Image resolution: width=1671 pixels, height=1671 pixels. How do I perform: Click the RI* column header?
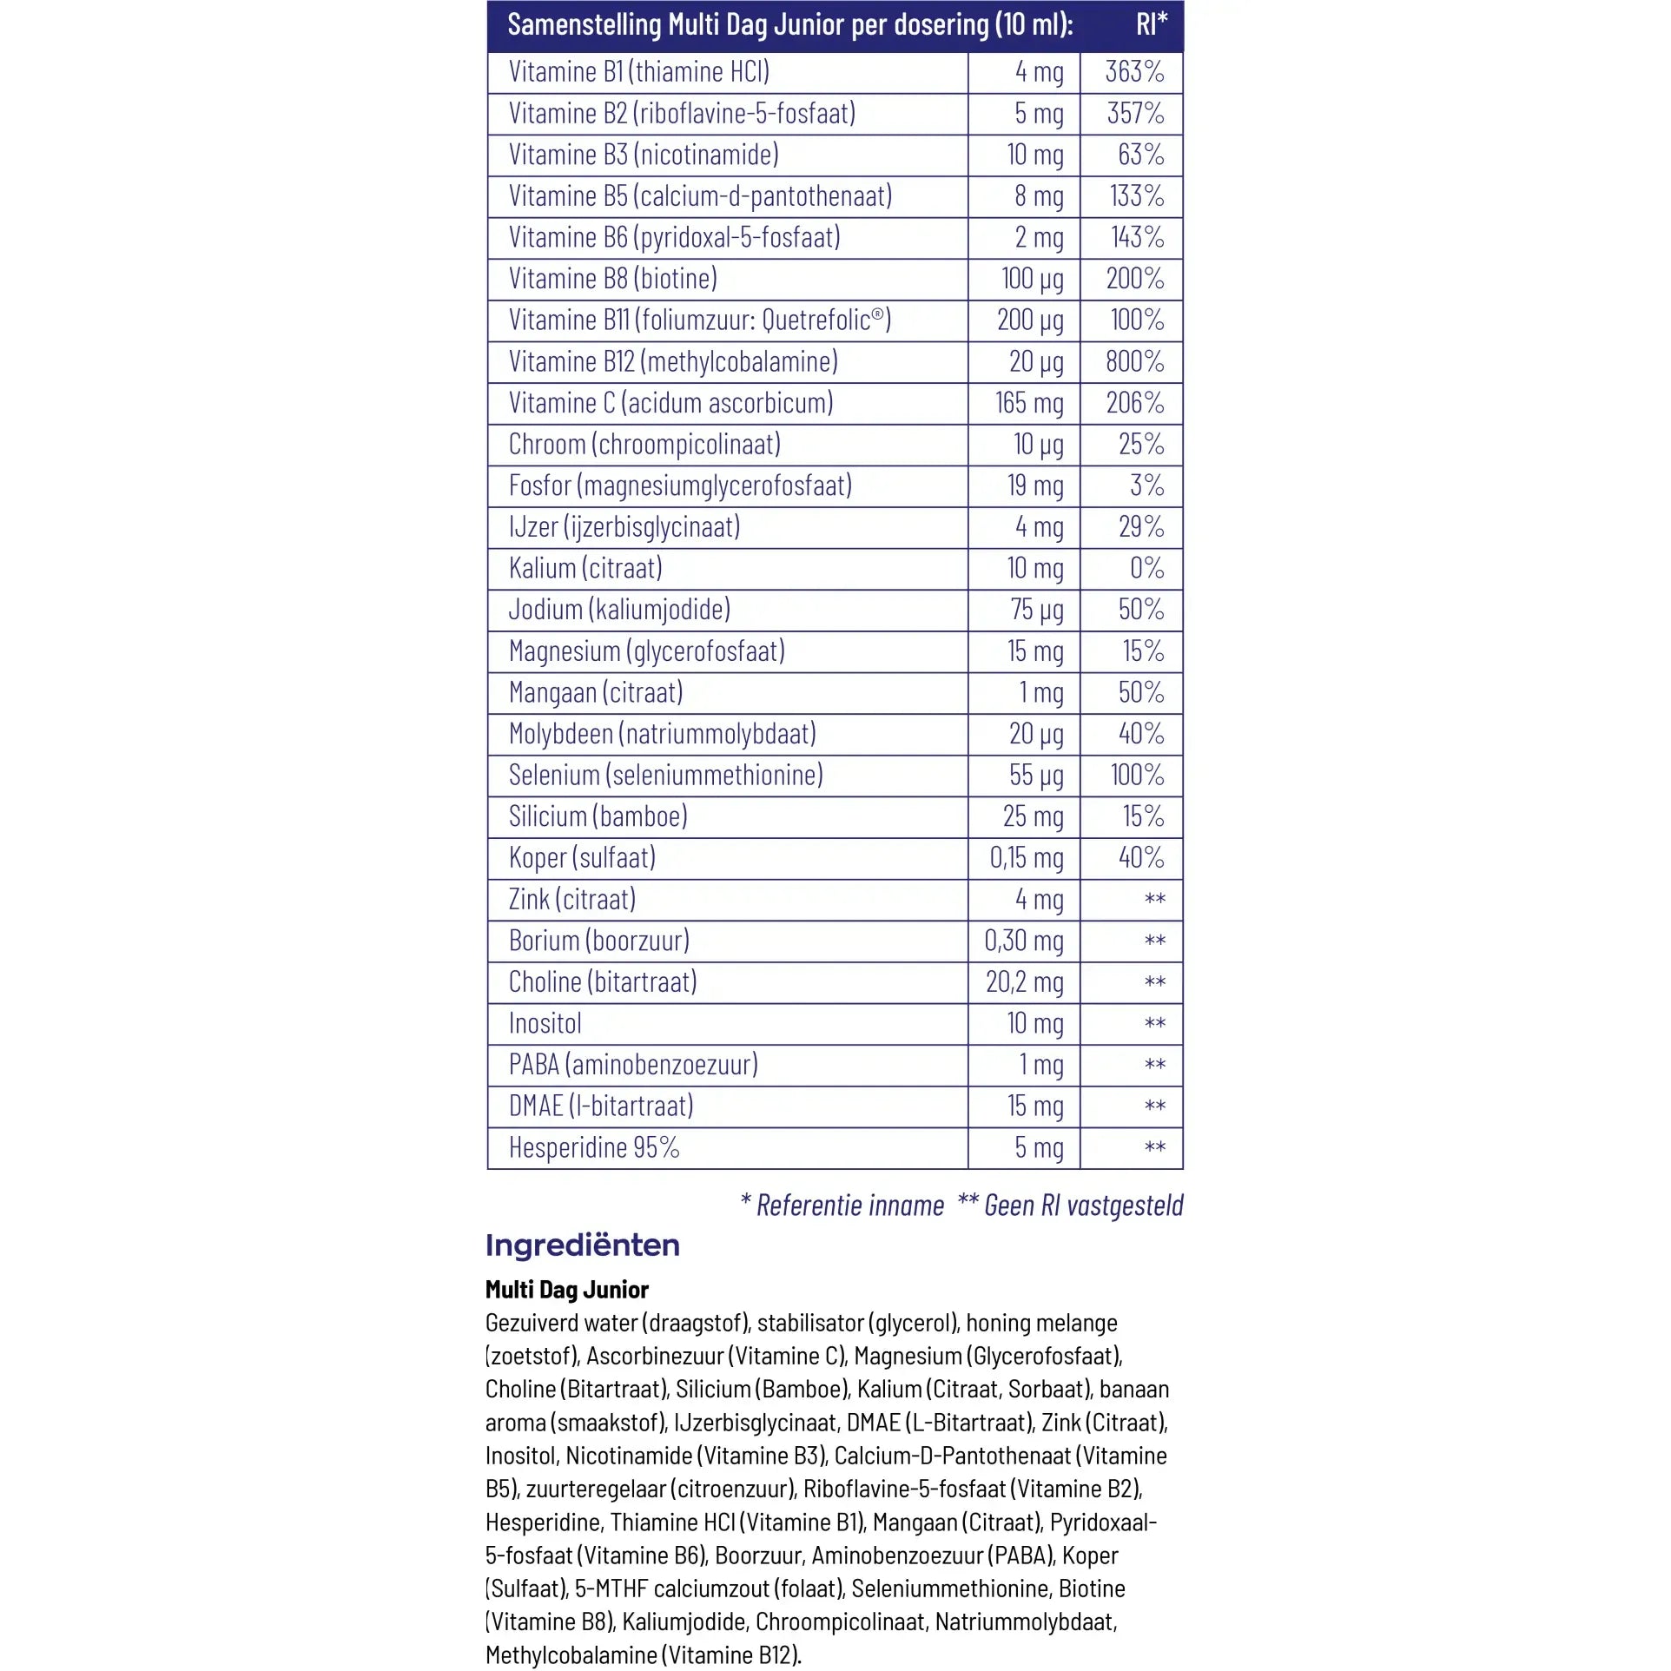(x=1151, y=24)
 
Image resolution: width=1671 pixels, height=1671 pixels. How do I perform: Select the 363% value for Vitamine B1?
(x=1134, y=72)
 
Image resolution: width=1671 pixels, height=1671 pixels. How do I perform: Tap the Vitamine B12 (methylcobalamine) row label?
(x=673, y=361)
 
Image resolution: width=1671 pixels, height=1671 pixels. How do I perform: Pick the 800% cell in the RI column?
(x=1134, y=361)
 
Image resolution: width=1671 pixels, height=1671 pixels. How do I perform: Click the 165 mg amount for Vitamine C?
(x=1029, y=403)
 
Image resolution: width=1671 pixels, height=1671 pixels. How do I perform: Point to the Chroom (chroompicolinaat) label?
(x=644, y=445)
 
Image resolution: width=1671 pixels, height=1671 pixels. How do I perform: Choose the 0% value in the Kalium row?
(x=1146, y=568)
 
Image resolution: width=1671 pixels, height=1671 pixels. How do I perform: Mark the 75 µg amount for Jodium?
(x=1036, y=610)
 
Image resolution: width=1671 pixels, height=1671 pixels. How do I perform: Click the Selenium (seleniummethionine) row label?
(x=665, y=775)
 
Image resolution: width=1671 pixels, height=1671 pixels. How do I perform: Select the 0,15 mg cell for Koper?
(x=1027, y=858)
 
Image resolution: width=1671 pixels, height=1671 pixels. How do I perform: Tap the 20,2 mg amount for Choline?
(x=1024, y=982)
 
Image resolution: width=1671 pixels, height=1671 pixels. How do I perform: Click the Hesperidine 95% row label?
(x=594, y=1147)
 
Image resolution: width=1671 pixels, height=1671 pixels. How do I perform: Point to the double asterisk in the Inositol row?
(x=1154, y=1024)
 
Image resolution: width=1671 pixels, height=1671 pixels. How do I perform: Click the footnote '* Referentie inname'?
(x=842, y=1205)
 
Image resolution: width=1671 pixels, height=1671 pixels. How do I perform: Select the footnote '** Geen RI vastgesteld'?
(x=1070, y=1205)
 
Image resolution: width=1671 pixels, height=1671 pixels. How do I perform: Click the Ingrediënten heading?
(x=582, y=1245)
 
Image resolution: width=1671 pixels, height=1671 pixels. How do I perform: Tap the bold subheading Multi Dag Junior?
(x=566, y=1290)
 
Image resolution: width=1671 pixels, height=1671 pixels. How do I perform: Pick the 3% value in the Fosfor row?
(x=1146, y=485)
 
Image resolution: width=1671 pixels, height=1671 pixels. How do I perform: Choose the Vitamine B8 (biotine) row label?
(x=613, y=279)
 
